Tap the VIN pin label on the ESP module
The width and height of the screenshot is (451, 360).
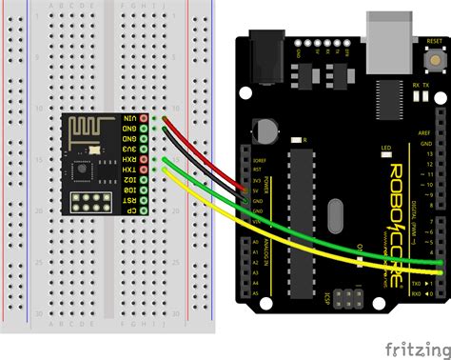(129, 118)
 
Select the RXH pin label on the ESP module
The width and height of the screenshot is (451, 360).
(129, 159)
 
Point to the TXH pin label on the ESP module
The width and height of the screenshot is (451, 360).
(129, 170)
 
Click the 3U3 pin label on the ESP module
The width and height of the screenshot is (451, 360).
(129, 149)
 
